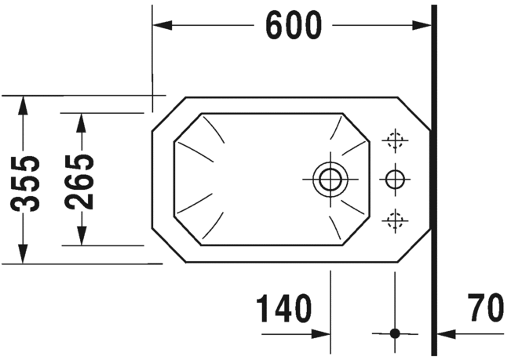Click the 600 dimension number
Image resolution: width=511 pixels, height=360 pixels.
click(293, 27)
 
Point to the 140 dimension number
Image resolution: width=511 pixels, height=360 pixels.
click(283, 309)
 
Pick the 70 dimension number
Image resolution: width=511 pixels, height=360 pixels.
click(484, 309)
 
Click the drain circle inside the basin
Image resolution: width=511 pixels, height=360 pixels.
click(329, 179)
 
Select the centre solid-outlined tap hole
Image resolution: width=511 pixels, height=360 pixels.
click(394, 179)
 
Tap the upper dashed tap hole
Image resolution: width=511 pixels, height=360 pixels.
click(394, 141)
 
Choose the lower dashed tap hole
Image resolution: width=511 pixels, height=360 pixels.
click(394, 220)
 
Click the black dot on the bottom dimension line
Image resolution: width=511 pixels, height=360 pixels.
click(395, 333)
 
